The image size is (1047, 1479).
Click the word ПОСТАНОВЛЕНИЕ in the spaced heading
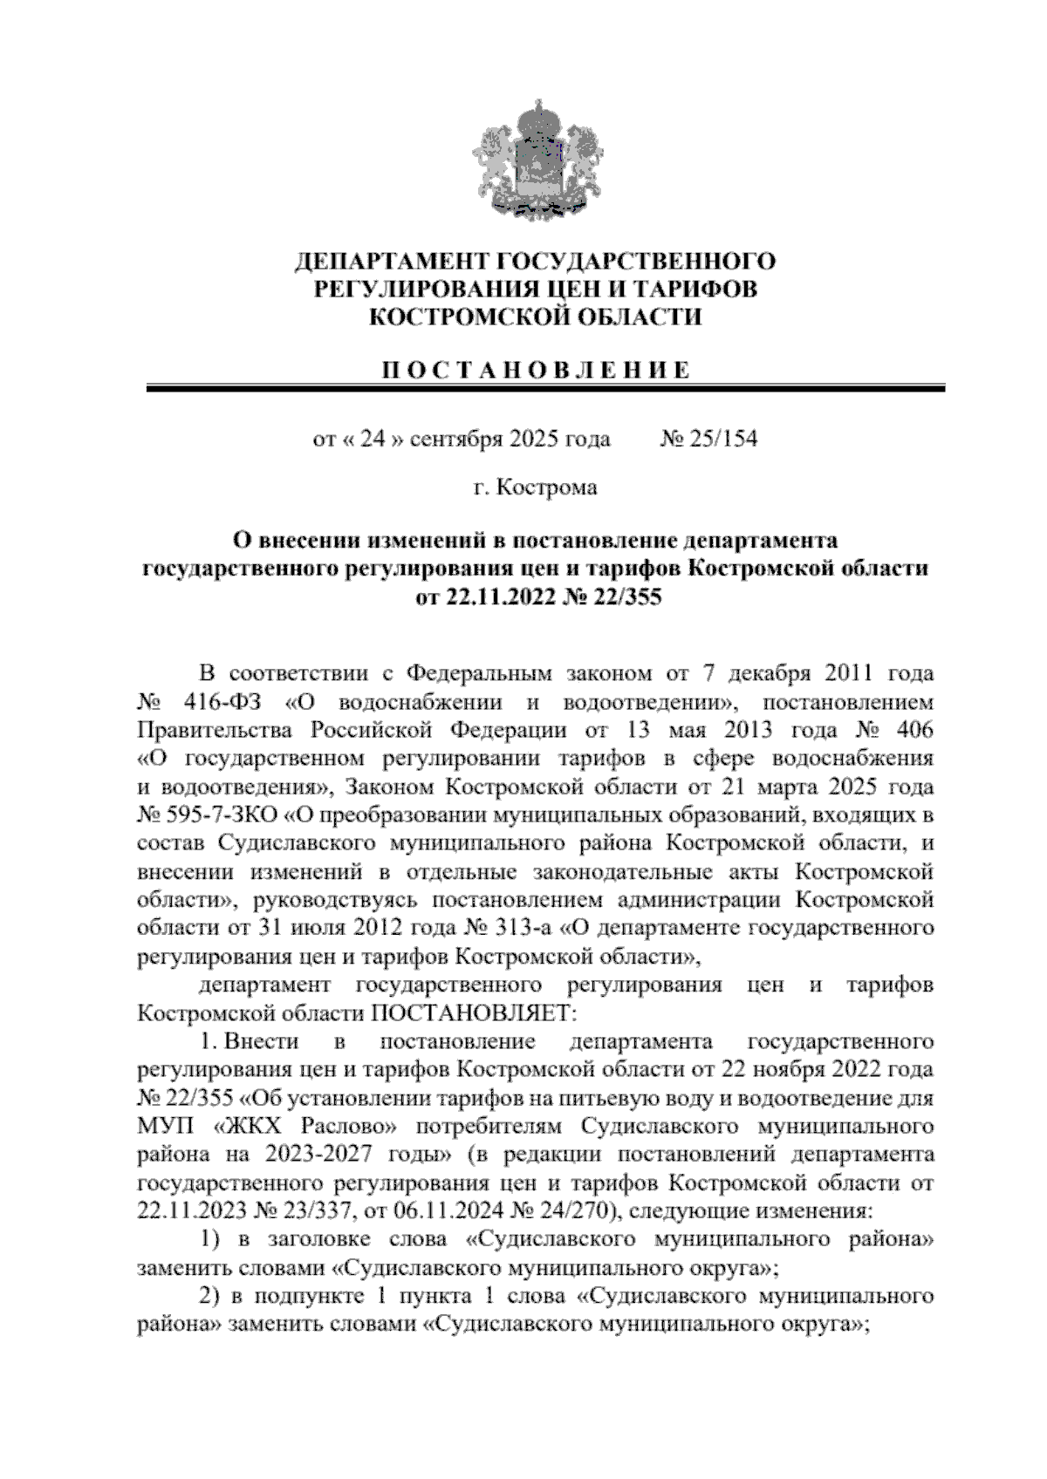click(x=534, y=370)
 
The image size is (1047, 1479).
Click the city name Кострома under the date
click(x=546, y=488)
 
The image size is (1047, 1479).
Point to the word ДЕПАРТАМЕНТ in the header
click(x=391, y=261)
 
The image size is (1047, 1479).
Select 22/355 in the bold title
click(x=614, y=597)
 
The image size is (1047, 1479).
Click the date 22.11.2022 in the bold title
click(x=494, y=597)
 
